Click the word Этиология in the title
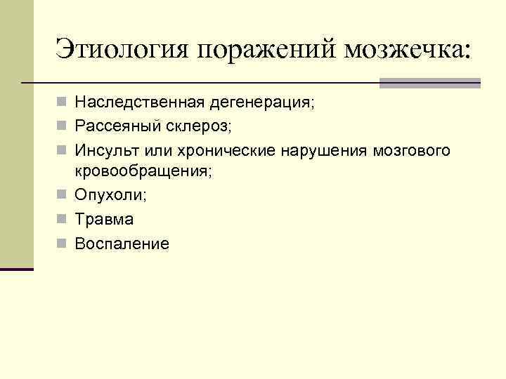122,51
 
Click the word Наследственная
140,103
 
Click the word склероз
204,127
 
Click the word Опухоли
104,195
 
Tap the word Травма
103,220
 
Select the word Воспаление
122,244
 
